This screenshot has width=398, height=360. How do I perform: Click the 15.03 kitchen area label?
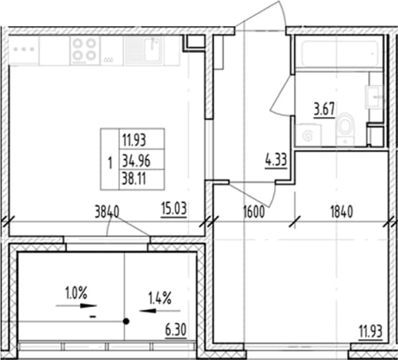(174, 209)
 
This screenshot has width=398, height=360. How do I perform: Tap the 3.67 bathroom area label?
(324, 109)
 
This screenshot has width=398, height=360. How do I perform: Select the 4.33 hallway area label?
(276, 161)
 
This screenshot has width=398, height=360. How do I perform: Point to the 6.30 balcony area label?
(176, 331)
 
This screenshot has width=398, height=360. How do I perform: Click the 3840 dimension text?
(107, 212)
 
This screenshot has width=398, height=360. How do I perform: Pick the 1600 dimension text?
(254, 212)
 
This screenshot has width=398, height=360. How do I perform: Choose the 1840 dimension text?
(342, 212)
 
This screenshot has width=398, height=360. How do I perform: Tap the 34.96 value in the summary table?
(136, 161)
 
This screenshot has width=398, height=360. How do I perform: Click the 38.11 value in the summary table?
(134, 178)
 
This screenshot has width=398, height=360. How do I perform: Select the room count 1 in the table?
(110, 163)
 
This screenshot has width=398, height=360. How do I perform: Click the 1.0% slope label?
(76, 293)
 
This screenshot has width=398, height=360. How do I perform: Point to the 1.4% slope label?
(159, 298)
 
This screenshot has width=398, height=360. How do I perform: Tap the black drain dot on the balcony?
(126, 321)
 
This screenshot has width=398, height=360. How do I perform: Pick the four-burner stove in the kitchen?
(85, 50)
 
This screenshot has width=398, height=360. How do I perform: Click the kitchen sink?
(143, 50)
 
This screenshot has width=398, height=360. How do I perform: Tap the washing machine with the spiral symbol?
(308, 135)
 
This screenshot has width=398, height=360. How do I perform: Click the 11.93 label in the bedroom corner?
(370, 332)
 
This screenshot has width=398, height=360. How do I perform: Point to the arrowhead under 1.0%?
(89, 305)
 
